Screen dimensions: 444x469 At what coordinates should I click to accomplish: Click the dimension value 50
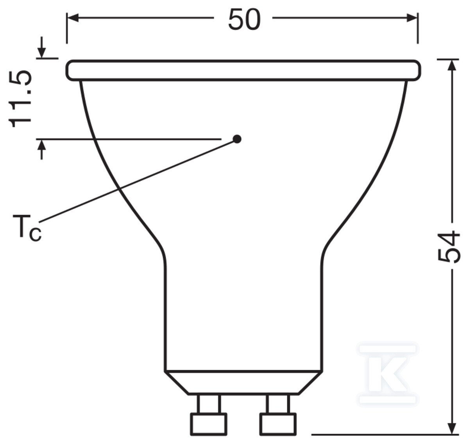[x=244, y=20]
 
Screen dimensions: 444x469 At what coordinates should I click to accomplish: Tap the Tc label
[x=27, y=227]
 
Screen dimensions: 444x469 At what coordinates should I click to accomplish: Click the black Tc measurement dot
[x=237, y=139]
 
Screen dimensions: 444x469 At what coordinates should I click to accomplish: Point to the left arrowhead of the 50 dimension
[x=73, y=18]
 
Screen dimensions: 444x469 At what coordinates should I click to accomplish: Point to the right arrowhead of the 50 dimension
[x=412, y=18]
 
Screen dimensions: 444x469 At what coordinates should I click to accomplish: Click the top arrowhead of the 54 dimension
[x=453, y=64]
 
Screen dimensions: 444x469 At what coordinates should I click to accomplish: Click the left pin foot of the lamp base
[x=208, y=424]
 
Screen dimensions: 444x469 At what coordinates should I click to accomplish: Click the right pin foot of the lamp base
[x=278, y=424]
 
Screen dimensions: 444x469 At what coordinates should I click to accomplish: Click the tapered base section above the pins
[x=243, y=382]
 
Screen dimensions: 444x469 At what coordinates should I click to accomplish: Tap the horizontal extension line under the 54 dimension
[x=383, y=434]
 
